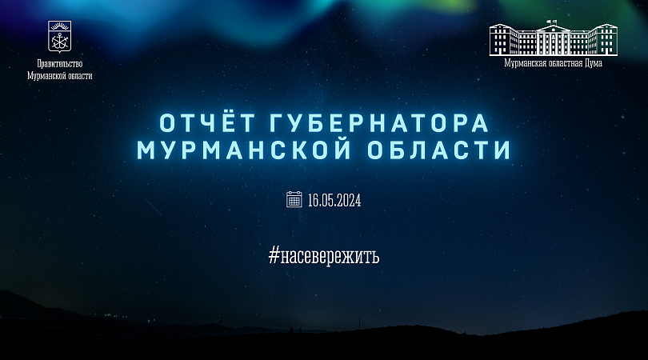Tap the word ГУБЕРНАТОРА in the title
coord(380,123)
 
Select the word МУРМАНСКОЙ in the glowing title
coord(244,150)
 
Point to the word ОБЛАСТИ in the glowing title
coord(439,150)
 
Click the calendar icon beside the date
coord(294,199)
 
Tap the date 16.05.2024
coord(334,201)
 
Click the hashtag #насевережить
coord(323,256)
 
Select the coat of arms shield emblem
coord(59,36)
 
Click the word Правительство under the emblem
coord(59,64)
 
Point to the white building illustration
coord(554,38)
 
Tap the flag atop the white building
coord(550,22)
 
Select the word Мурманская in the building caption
coord(524,63)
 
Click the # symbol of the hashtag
coord(274,255)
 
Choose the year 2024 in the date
coord(350,201)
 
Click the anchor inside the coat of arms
coord(60,41)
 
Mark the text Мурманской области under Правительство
coord(59,76)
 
